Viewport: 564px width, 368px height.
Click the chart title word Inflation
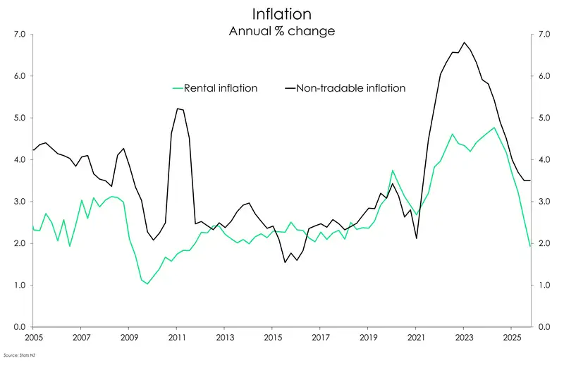[x=281, y=13]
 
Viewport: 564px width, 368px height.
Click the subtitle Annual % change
[x=281, y=31]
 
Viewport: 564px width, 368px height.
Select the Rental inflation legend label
[x=221, y=88]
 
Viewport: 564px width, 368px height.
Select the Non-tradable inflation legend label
[x=351, y=88]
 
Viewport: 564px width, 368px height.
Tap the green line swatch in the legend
[x=177, y=88]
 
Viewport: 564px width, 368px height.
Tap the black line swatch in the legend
[x=290, y=88]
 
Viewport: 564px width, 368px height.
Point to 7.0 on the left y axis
[x=19, y=35]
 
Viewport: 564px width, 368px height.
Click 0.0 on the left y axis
[x=19, y=327]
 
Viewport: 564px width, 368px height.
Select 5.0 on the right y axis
[x=543, y=118]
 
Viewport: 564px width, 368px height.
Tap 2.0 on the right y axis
[x=543, y=243]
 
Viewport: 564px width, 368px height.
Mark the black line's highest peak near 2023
[x=464, y=42]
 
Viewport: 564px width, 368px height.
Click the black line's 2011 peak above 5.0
[x=177, y=109]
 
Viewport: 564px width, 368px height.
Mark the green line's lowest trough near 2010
[x=147, y=283]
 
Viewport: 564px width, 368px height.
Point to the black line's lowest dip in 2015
[x=285, y=262]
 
